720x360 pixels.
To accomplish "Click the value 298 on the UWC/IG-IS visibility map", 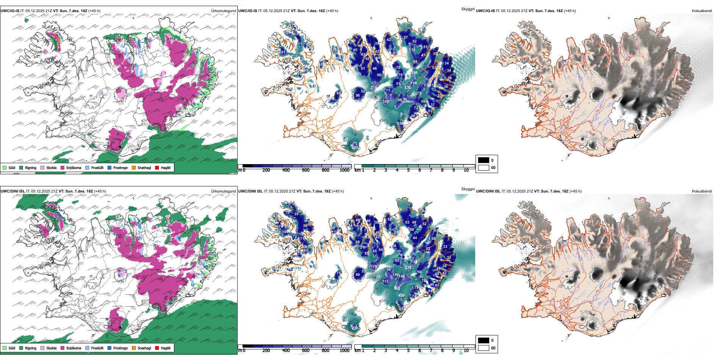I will pos(414,73).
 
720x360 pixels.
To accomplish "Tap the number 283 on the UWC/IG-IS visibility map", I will pos(355,148).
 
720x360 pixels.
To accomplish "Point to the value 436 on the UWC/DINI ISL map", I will pos(402,296).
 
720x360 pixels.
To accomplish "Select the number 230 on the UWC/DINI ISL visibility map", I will pos(355,328).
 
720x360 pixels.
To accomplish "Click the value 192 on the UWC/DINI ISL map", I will pos(377,276).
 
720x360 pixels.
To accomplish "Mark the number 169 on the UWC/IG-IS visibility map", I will pos(385,102).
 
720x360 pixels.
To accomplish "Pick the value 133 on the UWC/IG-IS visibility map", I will pos(412,50).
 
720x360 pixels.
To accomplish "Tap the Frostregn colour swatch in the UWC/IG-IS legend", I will pos(110,167).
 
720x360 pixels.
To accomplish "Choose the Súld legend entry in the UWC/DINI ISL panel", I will pos(9,348).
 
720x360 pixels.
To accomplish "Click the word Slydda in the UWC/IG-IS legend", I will pos(51,167).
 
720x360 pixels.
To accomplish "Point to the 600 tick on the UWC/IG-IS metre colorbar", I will pos(305,170).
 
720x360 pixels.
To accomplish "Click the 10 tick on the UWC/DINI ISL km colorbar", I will pos(466,351).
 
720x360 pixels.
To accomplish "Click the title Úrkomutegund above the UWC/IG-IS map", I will pos(223,11).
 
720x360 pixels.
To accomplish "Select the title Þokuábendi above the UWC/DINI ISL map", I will pos(702,191).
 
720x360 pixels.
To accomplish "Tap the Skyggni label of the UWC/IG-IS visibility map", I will pos(468,9).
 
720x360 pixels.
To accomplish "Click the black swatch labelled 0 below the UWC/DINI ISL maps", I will pos(484,340).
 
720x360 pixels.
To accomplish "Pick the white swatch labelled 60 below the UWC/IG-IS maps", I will pos(484,167).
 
